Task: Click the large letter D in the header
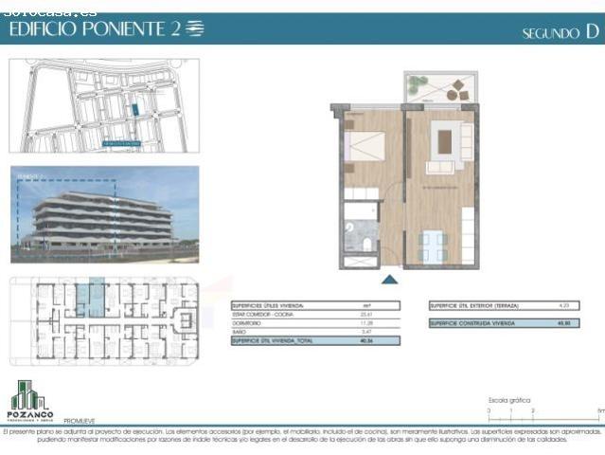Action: tap(592, 31)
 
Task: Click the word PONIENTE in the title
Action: tap(125, 29)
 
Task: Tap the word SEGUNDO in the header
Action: tap(550, 33)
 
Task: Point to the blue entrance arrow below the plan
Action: tap(389, 279)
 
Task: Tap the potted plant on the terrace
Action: tap(418, 83)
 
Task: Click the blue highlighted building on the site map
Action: tap(134, 110)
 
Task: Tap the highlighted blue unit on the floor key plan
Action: tap(91, 297)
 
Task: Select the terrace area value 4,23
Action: tap(564, 306)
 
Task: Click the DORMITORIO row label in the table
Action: tap(248, 322)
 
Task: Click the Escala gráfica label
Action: tap(509, 401)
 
